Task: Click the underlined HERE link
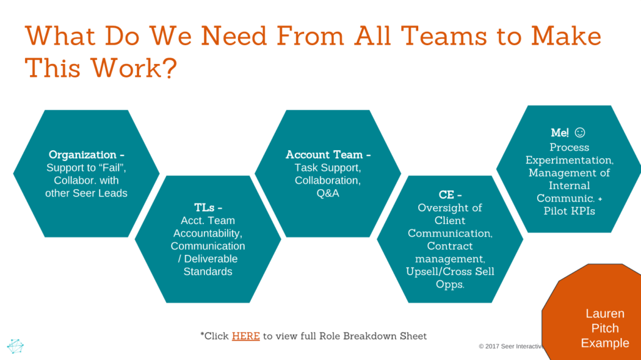[246, 336]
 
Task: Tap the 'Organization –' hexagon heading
[83, 155]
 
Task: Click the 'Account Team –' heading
[328, 155]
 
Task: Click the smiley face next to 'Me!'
[580, 133]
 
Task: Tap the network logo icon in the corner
[16, 346]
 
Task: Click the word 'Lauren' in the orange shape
[605, 314]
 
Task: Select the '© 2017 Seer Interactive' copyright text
[511, 346]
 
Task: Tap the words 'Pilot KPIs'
[569, 211]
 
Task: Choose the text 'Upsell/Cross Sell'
[450, 271]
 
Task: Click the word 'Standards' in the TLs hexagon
[208, 272]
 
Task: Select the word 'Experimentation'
[569, 160]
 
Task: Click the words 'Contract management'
[450, 252]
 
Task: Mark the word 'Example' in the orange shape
[605, 343]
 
